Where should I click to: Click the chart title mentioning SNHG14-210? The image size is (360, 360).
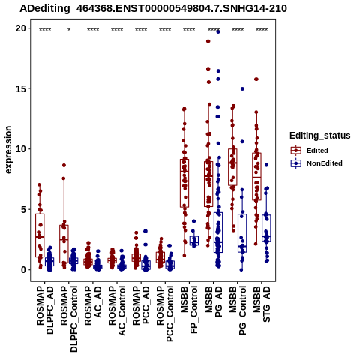(153, 9)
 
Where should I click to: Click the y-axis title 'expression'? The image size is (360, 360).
(8, 150)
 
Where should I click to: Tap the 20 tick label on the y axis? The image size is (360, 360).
(21, 28)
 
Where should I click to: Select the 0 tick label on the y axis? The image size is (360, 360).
(24, 270)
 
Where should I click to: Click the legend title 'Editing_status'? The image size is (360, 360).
(320, 136)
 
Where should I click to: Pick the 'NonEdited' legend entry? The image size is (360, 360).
(316, 163)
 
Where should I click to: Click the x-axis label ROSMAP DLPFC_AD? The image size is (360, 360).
(45, 310)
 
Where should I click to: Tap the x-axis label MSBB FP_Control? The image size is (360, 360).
(189, 310)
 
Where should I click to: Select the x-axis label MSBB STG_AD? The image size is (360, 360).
(262, 304)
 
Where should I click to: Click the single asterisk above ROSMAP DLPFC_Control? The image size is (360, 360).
(69, 30)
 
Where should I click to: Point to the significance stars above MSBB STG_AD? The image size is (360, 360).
(262, 30)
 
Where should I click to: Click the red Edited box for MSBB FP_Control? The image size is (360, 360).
(184, 183)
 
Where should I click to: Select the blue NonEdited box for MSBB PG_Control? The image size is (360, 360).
(242, 233)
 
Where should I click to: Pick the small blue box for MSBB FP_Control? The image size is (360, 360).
(194, 240)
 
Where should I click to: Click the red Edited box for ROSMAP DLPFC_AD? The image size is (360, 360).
(40, 235)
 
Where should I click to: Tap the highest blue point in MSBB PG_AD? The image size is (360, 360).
(218, 31)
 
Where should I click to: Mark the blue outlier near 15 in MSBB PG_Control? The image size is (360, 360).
(242, 88)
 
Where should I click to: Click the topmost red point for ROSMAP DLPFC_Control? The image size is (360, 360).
(64, 165)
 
